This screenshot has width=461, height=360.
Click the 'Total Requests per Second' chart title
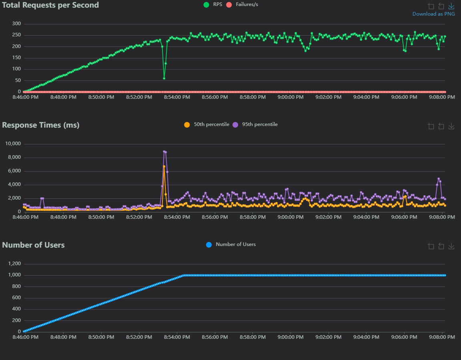tap(50, 5)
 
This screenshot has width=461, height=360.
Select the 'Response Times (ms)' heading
tap(41, 125)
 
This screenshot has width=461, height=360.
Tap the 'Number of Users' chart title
tap(33, 245)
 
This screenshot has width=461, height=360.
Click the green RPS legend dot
tap(206, 5)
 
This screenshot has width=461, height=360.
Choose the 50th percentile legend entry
tap(207, 124)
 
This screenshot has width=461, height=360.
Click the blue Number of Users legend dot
tap(208, 244)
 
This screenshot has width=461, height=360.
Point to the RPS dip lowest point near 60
tap(164, 78)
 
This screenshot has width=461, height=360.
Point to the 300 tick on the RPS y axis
tap(16, 24)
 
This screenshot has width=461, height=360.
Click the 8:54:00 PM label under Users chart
tap(177, 337)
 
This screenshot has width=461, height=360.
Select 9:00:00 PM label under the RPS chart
tap(291, 97)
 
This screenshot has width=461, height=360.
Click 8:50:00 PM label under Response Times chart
tap(101, 217)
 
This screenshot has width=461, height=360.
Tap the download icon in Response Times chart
tap(451, 126)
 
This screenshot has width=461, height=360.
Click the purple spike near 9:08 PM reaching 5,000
tap(439, 179)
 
